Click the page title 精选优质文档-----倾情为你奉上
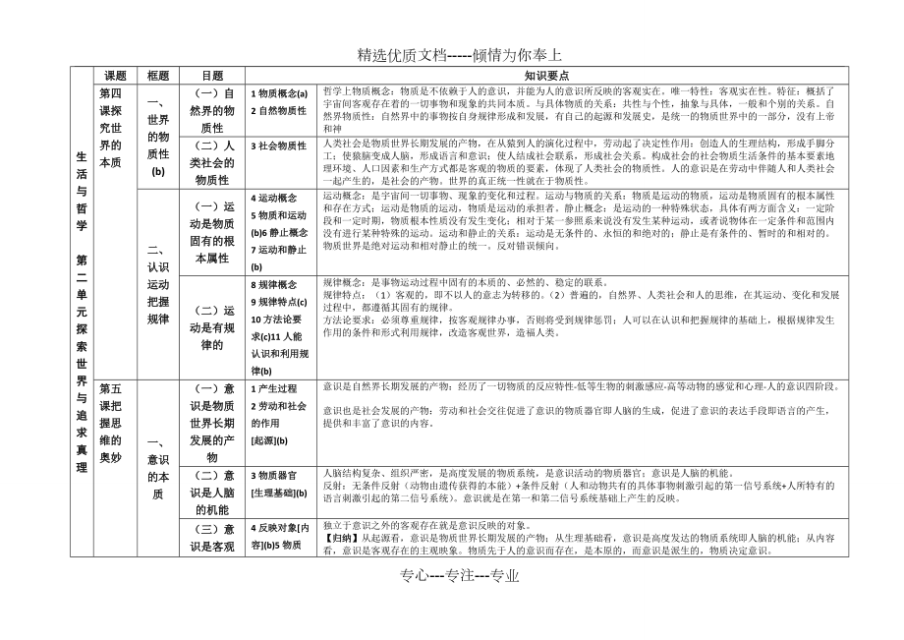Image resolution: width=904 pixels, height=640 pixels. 452,55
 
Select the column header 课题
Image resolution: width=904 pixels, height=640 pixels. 116,75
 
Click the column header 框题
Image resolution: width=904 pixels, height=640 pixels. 158,75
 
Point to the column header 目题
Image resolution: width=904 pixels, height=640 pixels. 212,75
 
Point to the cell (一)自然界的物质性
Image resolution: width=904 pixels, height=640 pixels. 212,110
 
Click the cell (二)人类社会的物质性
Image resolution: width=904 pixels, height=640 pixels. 212,162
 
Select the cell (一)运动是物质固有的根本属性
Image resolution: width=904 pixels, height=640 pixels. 212,233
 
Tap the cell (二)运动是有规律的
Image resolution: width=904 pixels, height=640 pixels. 212,327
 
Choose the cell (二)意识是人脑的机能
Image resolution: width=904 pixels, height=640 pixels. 212,493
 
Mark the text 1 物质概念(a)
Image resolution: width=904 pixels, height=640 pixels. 279,93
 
